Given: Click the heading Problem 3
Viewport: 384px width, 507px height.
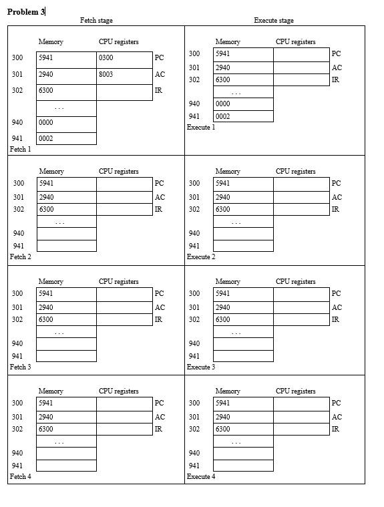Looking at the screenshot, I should click(25, 12).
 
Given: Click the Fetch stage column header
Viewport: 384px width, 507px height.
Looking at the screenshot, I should click(96, 21).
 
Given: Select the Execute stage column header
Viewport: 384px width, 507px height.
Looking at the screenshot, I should click(273, 21).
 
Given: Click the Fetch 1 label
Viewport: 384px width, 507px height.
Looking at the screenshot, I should click(20, 149).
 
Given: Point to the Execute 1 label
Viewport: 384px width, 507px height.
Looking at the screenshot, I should click(201, 127).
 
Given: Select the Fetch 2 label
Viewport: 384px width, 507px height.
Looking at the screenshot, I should click(20, 257).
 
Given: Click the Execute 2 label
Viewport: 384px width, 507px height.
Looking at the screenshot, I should click(201, 257).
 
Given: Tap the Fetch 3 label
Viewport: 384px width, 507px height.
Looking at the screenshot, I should click(20, 367).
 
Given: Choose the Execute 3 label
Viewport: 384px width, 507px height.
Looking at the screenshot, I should click(201, 367).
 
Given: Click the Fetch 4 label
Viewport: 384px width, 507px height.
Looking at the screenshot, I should click(20, 476).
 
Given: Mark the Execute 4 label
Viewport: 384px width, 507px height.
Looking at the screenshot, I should click(201, 476).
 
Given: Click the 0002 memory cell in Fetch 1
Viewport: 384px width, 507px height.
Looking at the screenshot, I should click(66, 139).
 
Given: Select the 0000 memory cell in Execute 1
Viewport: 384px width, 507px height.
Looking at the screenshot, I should click(243, 104).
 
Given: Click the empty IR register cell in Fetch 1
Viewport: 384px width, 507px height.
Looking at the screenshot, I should click(124, 92).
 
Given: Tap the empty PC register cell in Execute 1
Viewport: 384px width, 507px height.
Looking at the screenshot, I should click(301, 54).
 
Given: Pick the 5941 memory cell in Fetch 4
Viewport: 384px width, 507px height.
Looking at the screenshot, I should click(66, 403).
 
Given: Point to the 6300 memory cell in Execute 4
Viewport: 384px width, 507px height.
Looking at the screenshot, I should click(243, 429).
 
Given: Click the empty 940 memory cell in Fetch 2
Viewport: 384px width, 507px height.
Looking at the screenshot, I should click(66, 234).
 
